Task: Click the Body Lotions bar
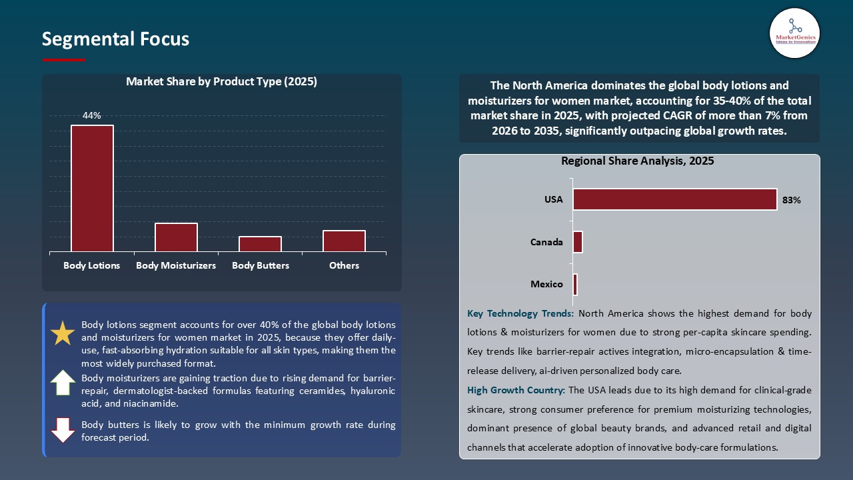pyautogui.click(x=92, y=189)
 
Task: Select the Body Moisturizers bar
pyautogui.click(x=176, y=237)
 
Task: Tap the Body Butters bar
pyautogui.click(x=260, y=244)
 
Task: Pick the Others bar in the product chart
pyautogui.click(x=344, y=241)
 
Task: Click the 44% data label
pyautogui.click(x=92, y=116)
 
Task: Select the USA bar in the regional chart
pyautogui.click(x=674, y=199)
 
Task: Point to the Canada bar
pyautogui.click(x=578, y=242)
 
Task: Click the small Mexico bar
pyautogui.click(x=575, y=285)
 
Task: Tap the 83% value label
pyautogui.click(x=792, y=200)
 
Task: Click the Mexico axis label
pyautogui.click(x=546, y=285)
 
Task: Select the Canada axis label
pyautogui.click(x=546, y=242)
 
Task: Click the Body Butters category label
pyautogui.click(x=261, y=265)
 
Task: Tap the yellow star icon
pyautogui.click(x=63, y=333)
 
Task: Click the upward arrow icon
pyautogui.click(x=63, y=383)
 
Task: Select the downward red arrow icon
pyautogui.click(x=63, y=430)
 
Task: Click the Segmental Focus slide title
pyautogui.click(x=115, y=39)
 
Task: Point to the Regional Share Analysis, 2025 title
pyautogui.click(x=637, y=161)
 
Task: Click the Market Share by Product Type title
pyautogui.click(x=221, y=82)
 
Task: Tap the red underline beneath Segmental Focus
pyautogui.click(x=64, y=60)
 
